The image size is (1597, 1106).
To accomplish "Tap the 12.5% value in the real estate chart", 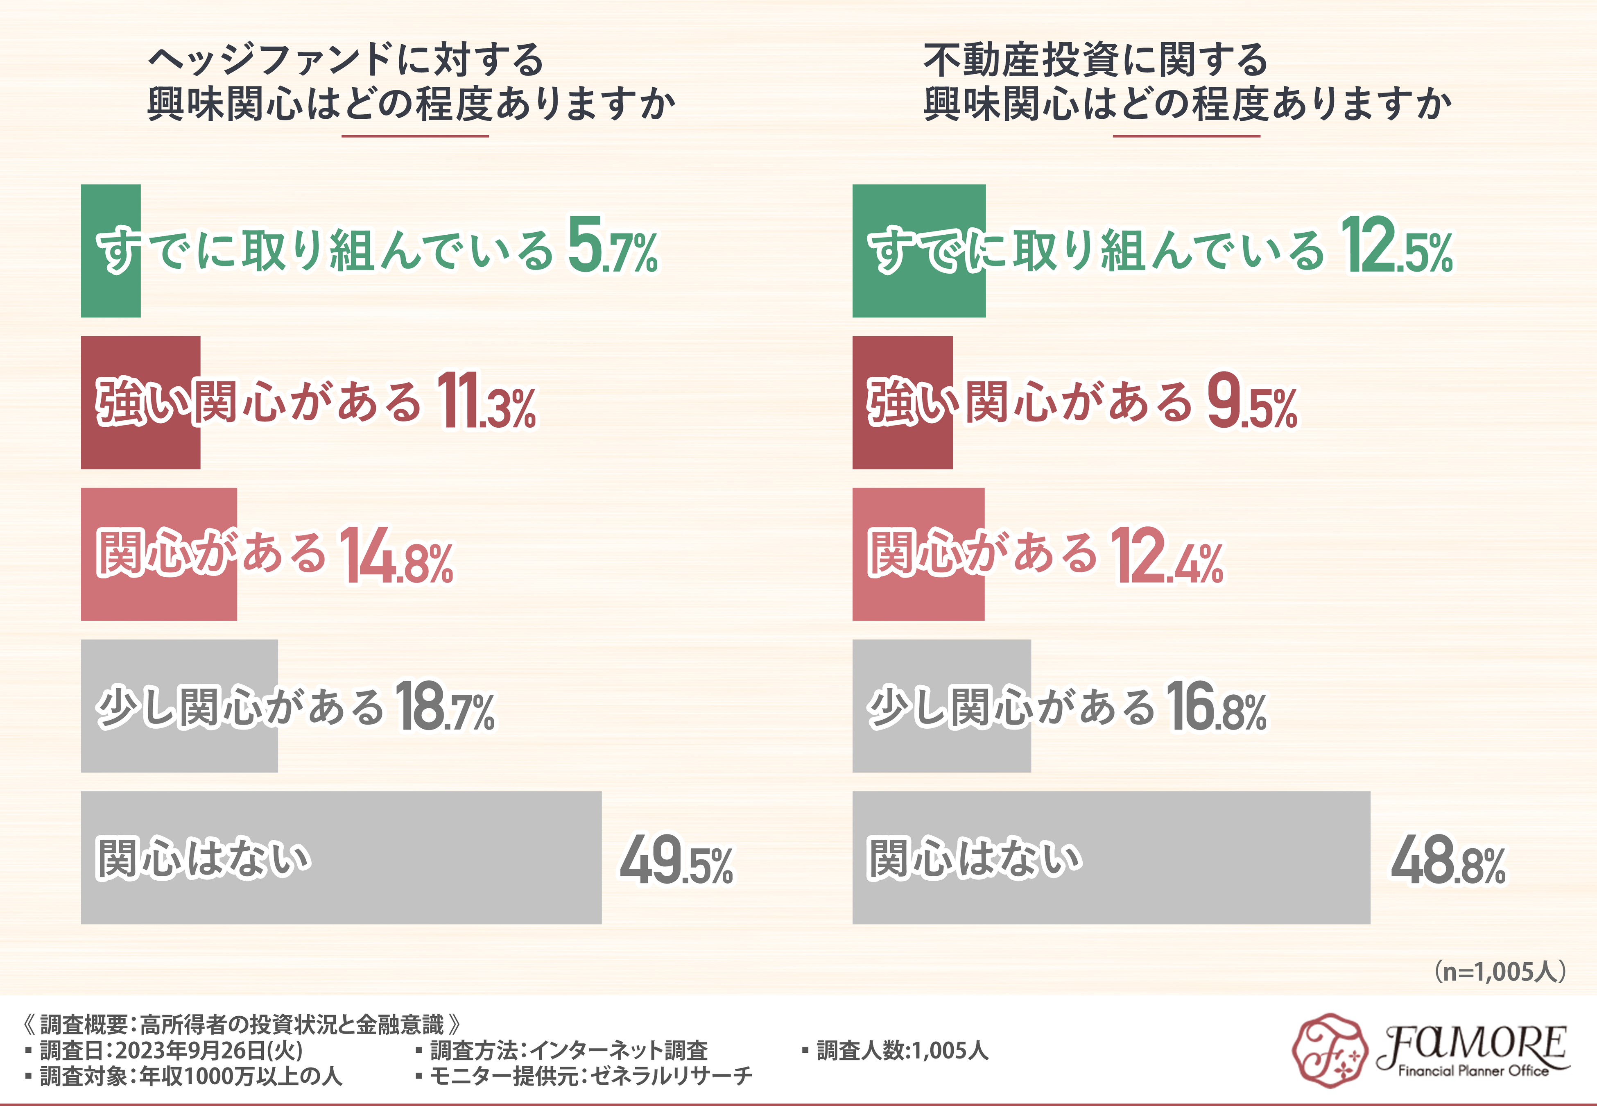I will tap(1396, 247).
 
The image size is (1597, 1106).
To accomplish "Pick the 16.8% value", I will tap(1217, 707).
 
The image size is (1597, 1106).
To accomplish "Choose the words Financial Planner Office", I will tap(1473, 1071).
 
